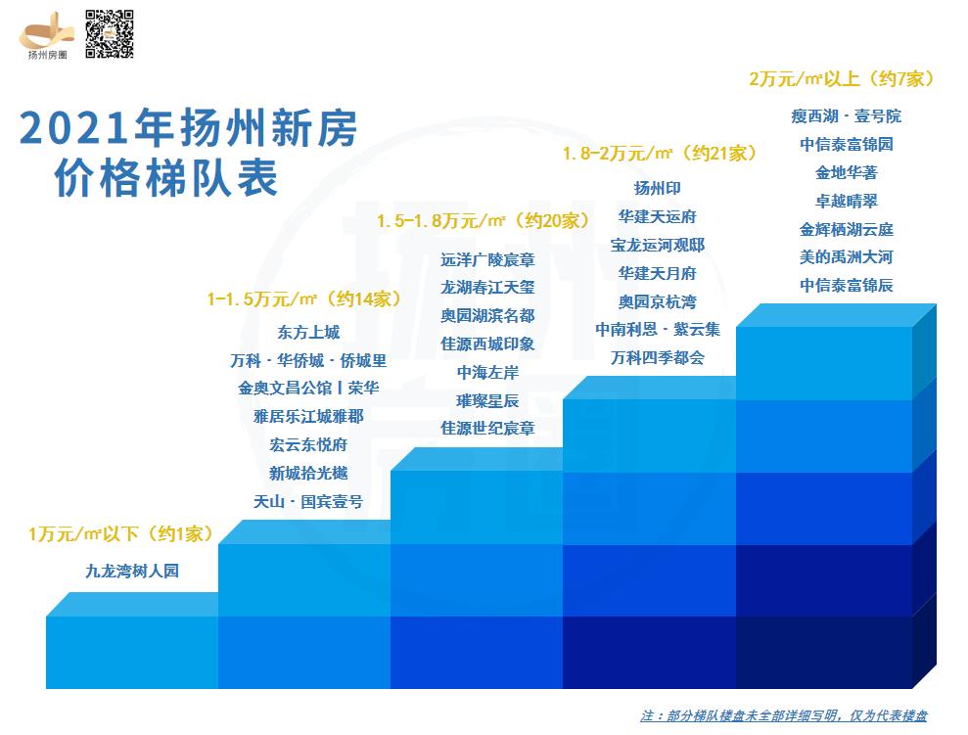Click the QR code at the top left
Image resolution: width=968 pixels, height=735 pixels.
(x=110, y=34)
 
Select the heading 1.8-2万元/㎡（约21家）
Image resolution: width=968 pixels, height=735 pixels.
(x=660, y=154)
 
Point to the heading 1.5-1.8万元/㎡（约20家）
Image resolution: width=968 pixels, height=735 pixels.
(x=484, y=222)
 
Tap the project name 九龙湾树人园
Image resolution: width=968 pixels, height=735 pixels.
(x=132, y=572)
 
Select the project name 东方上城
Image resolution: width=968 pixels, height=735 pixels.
(x=308, y=333)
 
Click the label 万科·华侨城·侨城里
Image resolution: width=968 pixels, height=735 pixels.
(x=308, y=360)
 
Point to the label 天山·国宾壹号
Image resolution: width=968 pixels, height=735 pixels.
(x=308, y=502)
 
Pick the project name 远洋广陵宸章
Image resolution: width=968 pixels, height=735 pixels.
(x=487, y=260)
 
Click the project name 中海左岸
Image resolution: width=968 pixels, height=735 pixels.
(x=487, y=373)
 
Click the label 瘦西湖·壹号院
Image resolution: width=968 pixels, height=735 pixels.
(x=846, y=116)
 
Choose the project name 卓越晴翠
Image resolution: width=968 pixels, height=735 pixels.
(x=846, y=201)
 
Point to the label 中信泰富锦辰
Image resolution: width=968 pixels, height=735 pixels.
(x=846, y=286)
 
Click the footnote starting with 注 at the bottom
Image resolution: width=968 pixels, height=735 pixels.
(x=783, y=715)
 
